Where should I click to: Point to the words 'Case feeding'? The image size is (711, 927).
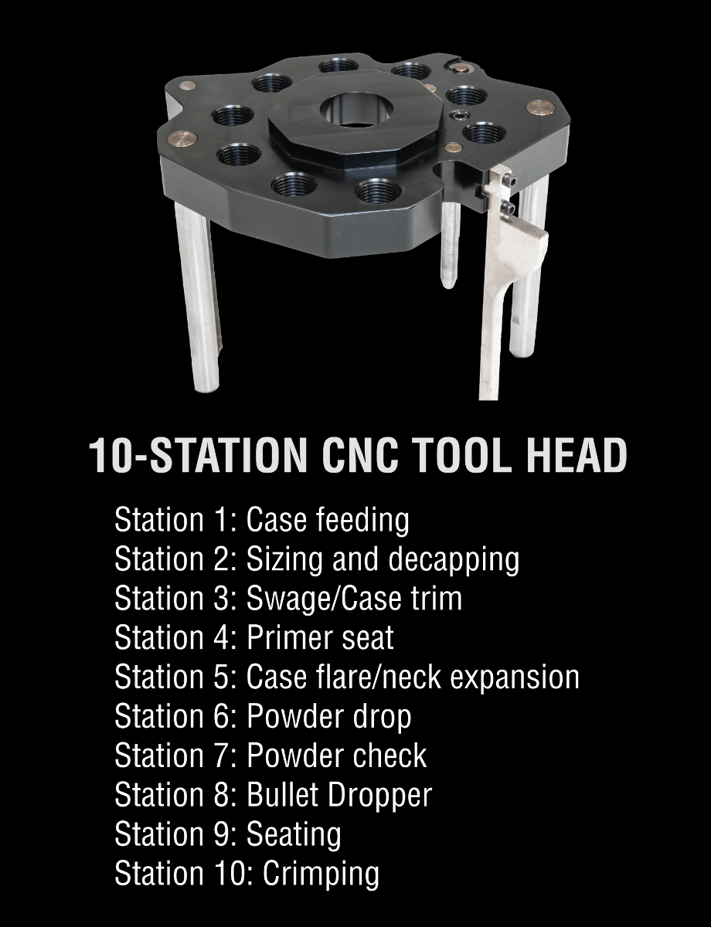click(x=327, y=520)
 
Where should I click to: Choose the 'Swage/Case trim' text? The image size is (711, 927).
click(x=353, y=599)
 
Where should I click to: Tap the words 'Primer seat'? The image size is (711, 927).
click(x=319, y=638)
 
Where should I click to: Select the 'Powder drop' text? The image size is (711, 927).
click(x=328, y=716)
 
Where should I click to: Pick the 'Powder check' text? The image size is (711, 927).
click(x=336, y=756)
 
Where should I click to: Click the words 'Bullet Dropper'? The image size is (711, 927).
click(x=338, y=795)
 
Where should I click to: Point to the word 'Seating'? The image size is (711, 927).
click(x=293, y=834)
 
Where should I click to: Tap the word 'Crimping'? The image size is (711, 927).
click(x=321, y=874)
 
